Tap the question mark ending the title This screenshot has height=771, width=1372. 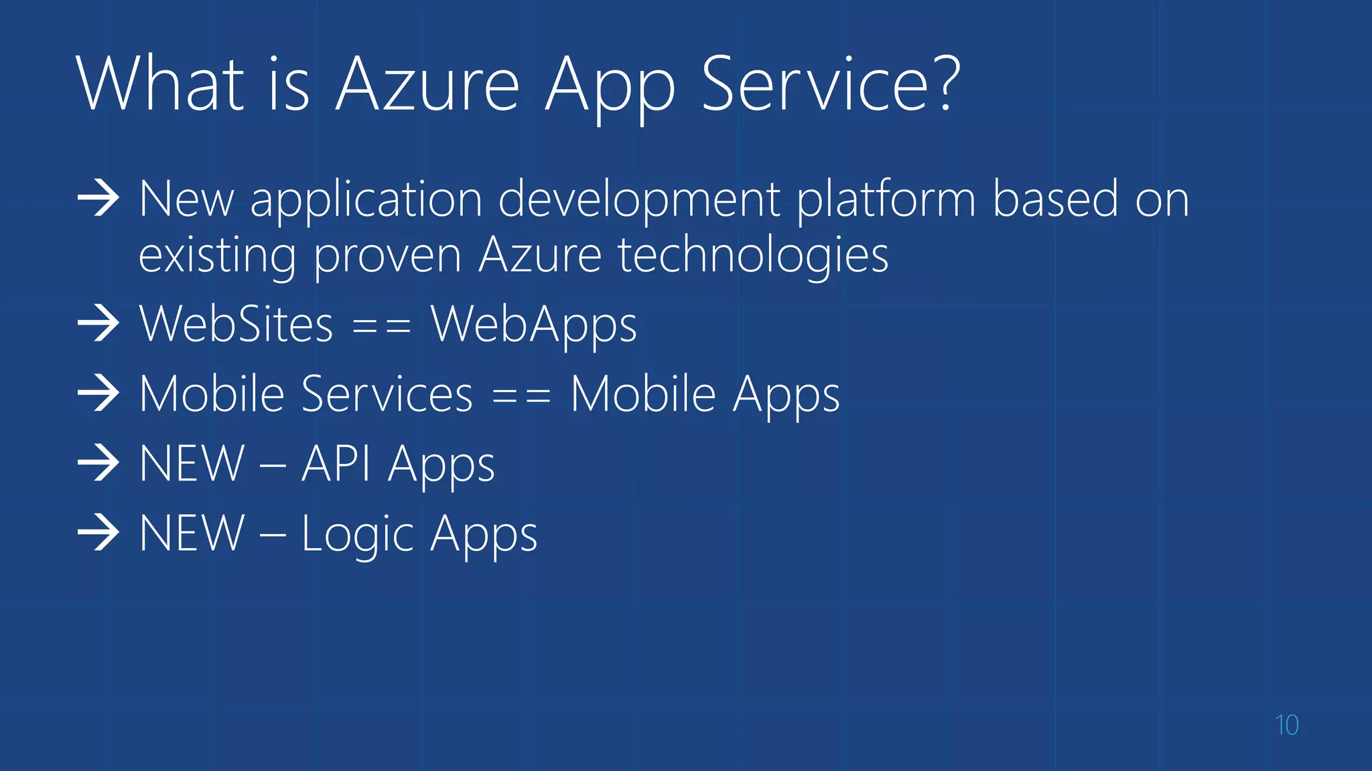pos(945,83)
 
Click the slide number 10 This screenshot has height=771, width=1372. pos(1286,725)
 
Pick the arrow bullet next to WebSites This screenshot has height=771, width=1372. pos(98,323)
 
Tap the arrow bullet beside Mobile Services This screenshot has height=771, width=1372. pos(98,394)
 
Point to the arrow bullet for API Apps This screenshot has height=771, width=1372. pos(98,463)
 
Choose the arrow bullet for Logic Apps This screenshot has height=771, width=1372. pos(98,533)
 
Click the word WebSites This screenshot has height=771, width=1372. pos(236,325)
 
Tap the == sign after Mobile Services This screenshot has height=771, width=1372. pos(521,397)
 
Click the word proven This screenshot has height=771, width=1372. pos(387,257)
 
